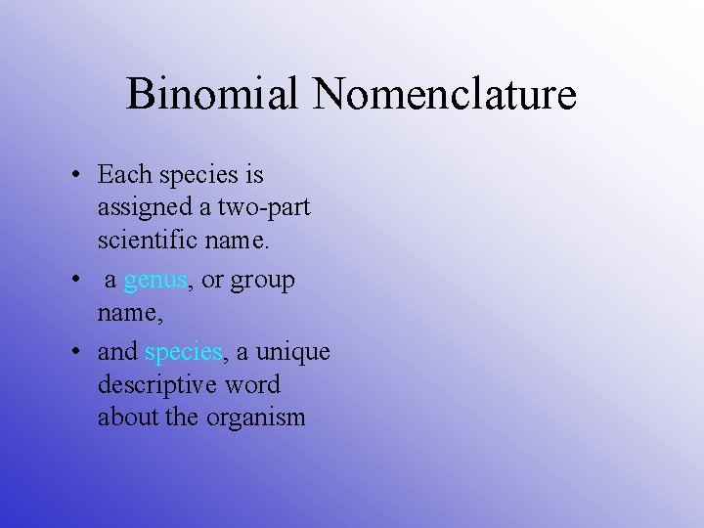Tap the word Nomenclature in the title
coord(445,95)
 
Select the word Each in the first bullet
coord(125,175)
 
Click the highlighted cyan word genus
coord(155,281)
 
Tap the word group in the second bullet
coord(262,281)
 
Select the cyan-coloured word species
coord(183,352)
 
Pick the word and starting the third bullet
coord(117,352)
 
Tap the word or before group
coord(212,281)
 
